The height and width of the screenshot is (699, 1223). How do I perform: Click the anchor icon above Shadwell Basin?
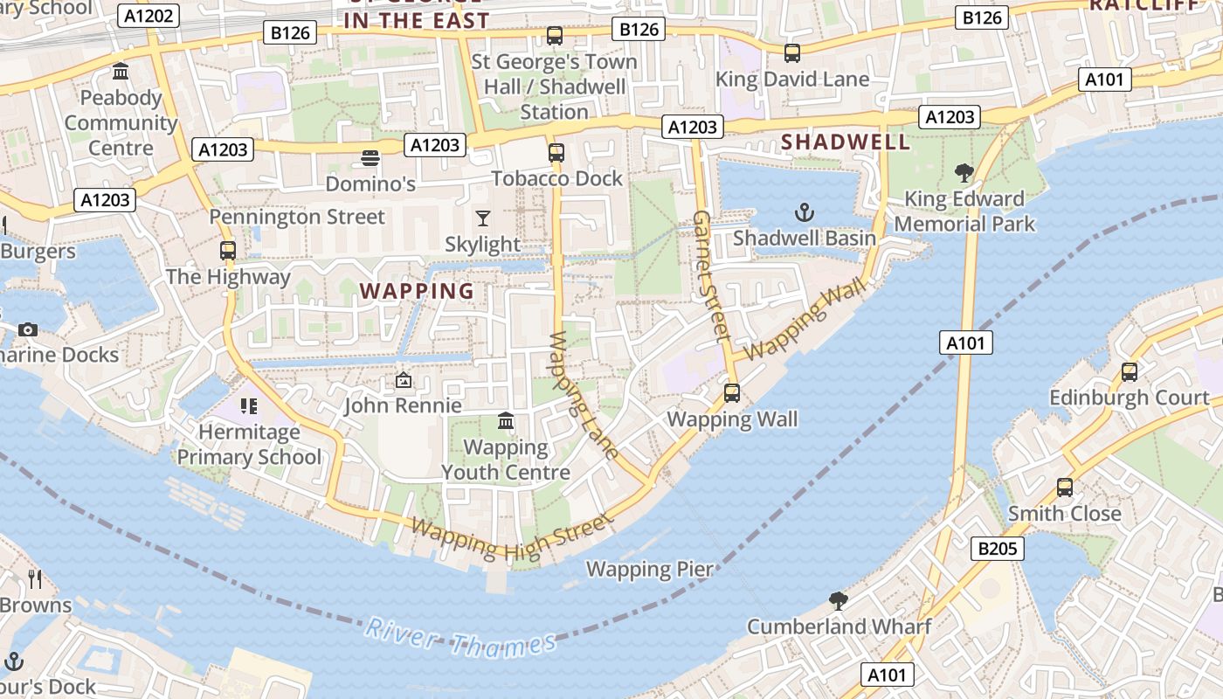click(x=804, y=212)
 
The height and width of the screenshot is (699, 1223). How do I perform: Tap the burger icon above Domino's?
click(x=370, y=159)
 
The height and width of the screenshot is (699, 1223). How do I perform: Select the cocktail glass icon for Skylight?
click(x=482, y=218)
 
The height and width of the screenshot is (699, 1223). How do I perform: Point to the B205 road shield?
click(x=997, y=549)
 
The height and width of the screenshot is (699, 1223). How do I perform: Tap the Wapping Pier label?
click(x=649, y=570)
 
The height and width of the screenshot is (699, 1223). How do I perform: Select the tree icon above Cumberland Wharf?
click(x=839, y=601)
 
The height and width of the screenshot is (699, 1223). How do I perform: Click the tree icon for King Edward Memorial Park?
click(x=964, y=173)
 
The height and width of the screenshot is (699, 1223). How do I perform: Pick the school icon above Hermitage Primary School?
click(x=249, y=406)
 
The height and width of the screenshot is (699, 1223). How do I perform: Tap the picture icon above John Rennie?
click(x=403, y=380)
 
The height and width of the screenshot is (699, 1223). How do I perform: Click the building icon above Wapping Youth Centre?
click(x=505, y=422)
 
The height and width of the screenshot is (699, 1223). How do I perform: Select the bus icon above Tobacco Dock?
click(x=556, y=153)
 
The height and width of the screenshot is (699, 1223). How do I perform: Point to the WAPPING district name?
click(x=417, y=291)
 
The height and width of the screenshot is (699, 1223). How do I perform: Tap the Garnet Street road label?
click(x=711, y=274)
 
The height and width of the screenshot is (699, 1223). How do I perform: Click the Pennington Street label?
click(x=297, y=217)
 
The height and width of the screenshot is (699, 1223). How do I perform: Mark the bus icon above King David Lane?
click(x=792, y=53)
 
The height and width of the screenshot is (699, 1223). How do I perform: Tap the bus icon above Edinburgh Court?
click(x=1130, y=372)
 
